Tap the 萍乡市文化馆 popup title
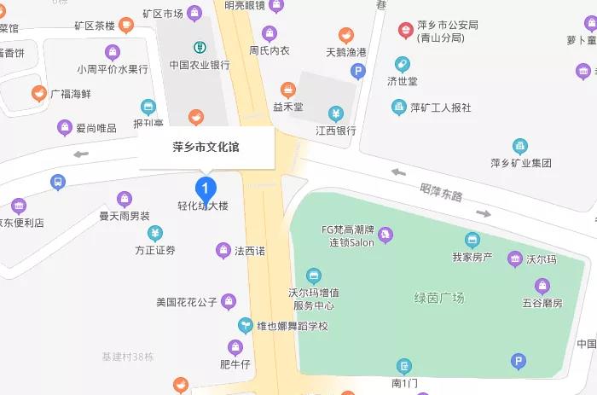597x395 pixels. click(206, 147)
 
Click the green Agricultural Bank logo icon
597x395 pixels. click(199, 46)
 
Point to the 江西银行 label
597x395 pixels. click(335, 131)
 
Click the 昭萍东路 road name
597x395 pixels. click(441, 193)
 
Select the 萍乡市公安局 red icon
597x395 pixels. click(405, 31)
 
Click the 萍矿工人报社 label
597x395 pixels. click(440, 107)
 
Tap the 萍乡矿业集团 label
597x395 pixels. click(521, 163)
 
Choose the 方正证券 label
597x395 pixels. click(155, 250)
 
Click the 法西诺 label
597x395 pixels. click(250, 251)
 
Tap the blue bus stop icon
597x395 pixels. click(57, 182)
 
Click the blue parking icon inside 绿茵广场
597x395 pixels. click(517, 363)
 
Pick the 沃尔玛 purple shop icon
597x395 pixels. click(514, 258)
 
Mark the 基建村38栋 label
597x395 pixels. click(127, 356)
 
